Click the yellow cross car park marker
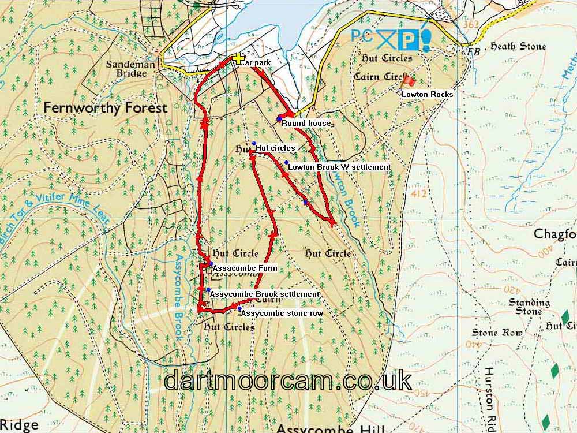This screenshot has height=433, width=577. (x=237, y=58)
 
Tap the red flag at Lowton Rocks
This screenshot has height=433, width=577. (x=408, y=81)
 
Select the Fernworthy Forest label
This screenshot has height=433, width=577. (x=106, y=108)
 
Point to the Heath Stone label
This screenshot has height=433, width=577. (x=518, y=46)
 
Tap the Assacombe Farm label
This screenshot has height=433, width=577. (x=245, y=268)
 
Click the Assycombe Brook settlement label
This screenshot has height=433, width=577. (x=264, y=294)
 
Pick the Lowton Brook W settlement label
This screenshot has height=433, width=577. (x=339, y=167)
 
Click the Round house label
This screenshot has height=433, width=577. (x=306, y=124)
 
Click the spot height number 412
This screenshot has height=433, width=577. (x=420, y=194)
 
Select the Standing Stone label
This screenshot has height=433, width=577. (x=529, y=307)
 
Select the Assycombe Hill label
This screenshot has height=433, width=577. (x=329, y=428)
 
